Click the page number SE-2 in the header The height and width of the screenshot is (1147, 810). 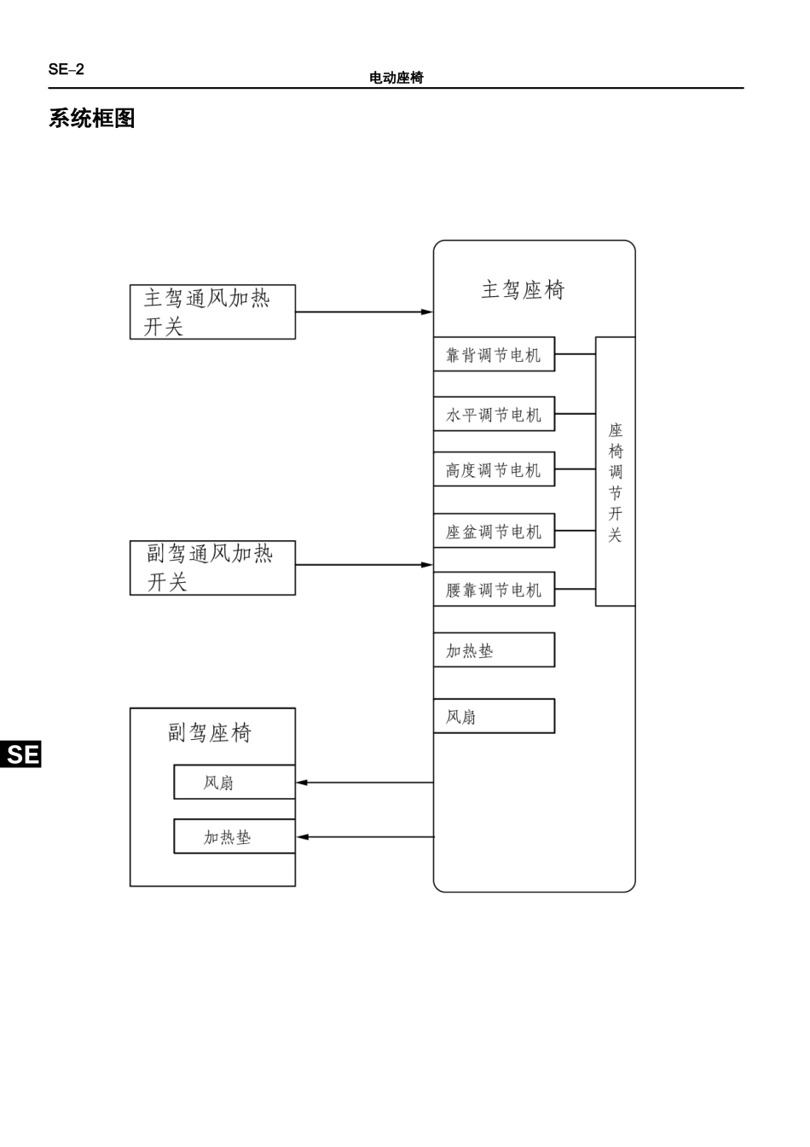tap(67, 70)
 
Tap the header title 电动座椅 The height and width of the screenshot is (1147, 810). tap(396, 78)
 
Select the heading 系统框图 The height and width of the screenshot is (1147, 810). tap(92, 119)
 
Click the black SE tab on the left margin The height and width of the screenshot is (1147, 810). tap(21, 754)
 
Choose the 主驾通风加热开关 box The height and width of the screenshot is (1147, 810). tap(212, 312)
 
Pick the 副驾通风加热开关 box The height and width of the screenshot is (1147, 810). tap(212, 568)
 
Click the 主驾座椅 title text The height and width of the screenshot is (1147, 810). tap(523, 290)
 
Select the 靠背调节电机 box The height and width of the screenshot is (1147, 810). tap(494, 355)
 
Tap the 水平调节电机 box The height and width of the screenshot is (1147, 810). tap(494, 415)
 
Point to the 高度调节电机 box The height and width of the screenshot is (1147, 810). tap(494, 470)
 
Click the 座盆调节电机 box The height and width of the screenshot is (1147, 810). tap(494, 532)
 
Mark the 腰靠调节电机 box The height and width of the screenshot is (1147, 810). tap(494, 590)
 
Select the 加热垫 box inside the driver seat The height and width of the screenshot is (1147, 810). tap(494, 650)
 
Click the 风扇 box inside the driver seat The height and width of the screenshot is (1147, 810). tap(494, 716)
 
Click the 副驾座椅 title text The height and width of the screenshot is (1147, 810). tap(210, 733)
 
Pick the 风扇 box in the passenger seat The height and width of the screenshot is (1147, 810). tap(234, 783)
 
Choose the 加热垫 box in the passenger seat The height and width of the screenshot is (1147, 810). tap(234, 837)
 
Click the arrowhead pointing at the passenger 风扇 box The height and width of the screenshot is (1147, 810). tap(302, 783)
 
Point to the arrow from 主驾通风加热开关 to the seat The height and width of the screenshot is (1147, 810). tap(364, 312)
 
